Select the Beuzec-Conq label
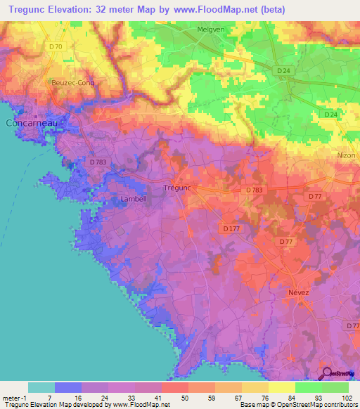coord(72,83)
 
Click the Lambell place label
coord(134,199)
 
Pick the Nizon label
coord(346,155)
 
